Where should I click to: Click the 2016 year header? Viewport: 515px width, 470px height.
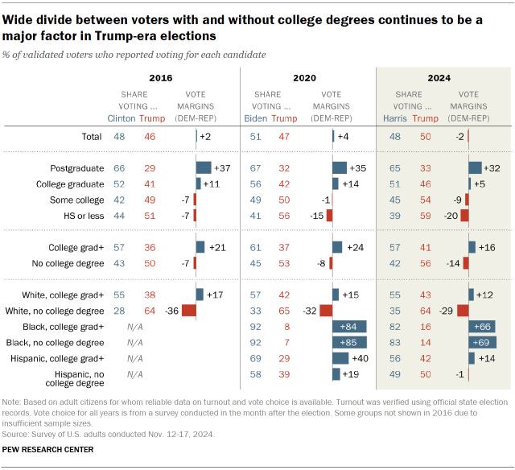[x=160, y=78]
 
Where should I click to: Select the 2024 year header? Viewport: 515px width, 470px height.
[x=439, y=78]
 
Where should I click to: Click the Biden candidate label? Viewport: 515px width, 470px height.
[x=256, y=118]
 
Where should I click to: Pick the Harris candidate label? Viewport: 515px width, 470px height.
[x=393, y=118]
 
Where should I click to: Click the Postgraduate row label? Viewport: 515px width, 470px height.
[x=76, y=168]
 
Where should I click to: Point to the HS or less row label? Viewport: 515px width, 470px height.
[x=82, y=216]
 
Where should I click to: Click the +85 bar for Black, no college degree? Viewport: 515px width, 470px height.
[x=349, y=342]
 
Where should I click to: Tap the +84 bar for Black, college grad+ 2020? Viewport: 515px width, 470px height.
[x=349, y=327]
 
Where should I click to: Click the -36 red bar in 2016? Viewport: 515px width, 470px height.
[x=188, y=311]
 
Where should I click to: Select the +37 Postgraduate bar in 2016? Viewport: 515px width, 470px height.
[x=203, y=168]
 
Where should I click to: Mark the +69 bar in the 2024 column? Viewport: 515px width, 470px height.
[x=482, y=342]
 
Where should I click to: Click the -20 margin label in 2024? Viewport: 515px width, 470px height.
[x=451, y=216]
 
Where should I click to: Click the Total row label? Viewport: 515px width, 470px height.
[x=92, y=138]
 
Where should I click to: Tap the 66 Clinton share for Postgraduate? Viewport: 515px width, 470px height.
[x=120, y=168]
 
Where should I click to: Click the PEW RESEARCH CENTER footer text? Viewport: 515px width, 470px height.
[x=48, y=449]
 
